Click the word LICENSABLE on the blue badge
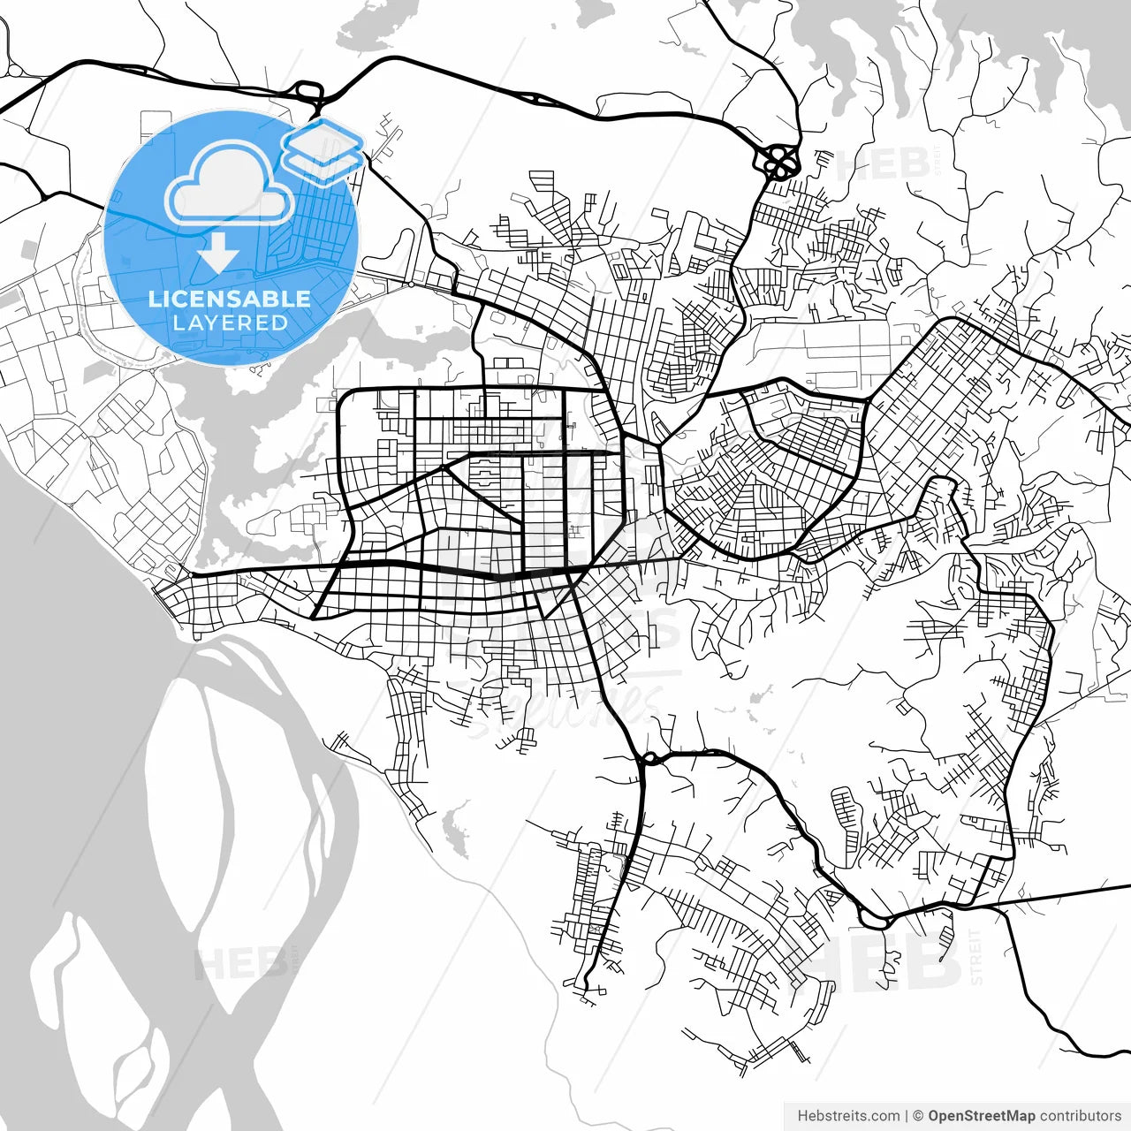(230, 299)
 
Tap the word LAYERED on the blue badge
(230, 323)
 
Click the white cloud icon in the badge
(230, 183)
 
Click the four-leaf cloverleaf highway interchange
(778, 161)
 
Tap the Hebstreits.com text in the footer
(848, 1116)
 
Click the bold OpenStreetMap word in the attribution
(981, 1116)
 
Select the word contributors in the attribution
(1080, 1116)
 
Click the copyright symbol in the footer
(918, 1116)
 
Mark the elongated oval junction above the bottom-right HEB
(873, 920)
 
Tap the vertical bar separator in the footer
(907, 1116)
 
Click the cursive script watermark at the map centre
(565, 707)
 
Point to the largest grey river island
(239, 795)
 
